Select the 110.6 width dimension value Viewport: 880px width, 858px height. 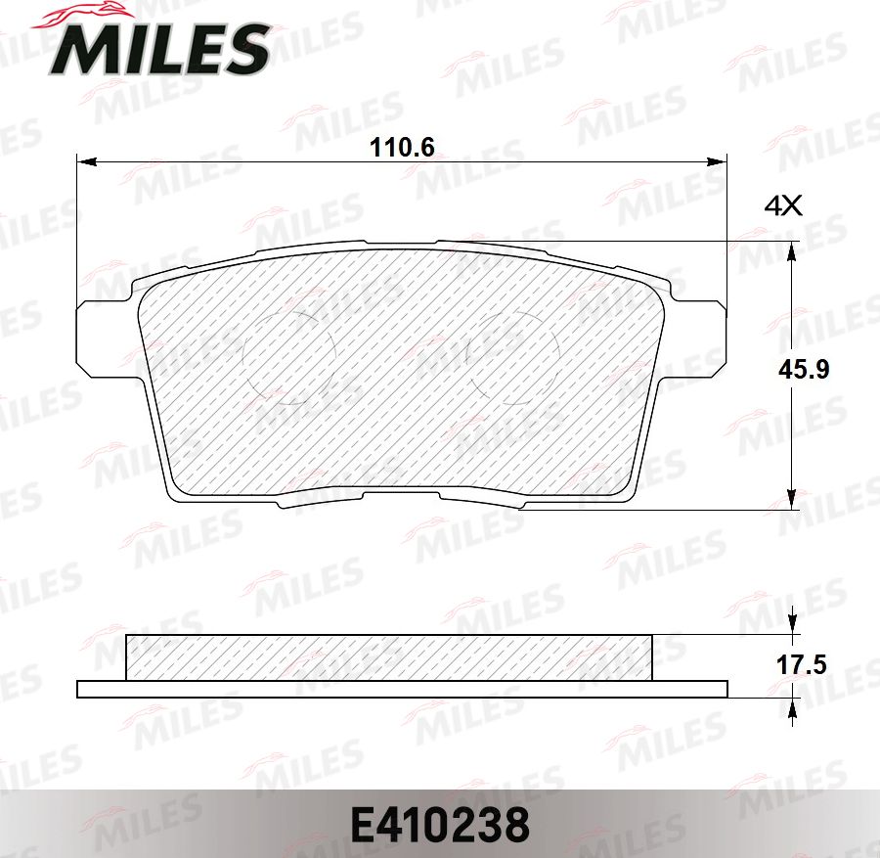401,148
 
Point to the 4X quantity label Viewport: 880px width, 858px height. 782,205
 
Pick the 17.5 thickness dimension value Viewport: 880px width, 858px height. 801,665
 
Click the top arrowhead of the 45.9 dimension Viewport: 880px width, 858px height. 793,248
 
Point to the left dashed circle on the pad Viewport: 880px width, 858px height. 288,357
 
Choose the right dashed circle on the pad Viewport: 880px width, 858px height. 513,357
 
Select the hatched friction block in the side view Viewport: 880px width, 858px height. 388,656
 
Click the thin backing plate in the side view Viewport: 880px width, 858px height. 401,689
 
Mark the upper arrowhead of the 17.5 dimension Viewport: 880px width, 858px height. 793,627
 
